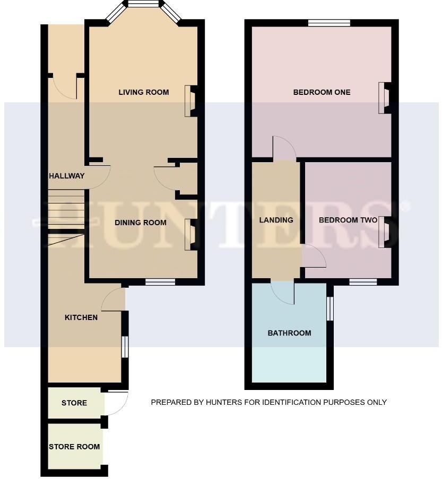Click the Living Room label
pos(143,92)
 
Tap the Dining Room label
pos(141,223)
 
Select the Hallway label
pos(67,176)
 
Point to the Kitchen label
pos(81,317)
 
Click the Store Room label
pos(74,447)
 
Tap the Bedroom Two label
pos(348,220)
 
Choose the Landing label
pos(276,220)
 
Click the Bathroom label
pos(289,333)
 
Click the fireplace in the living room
pos(190,101)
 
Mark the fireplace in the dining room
pos(190,234)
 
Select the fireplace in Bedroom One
pos(384,98)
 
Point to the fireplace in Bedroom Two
pos(384,232)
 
